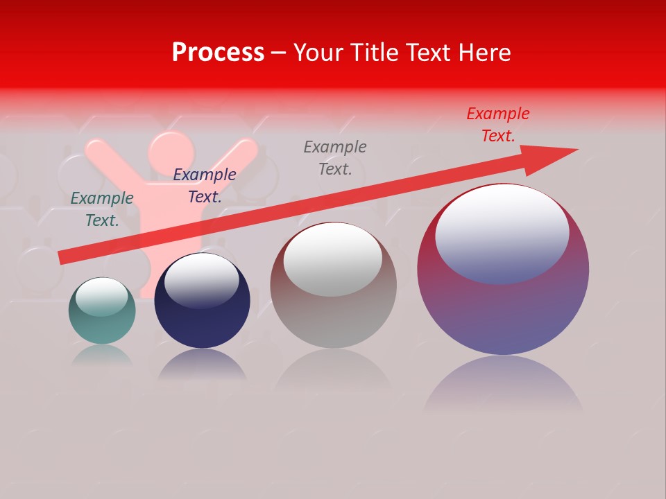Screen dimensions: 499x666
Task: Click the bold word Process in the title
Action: coord(218,53)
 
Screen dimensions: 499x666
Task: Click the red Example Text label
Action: coord(498,125)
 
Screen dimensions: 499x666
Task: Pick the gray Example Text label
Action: coord(335,158)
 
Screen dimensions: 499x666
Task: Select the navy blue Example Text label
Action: coord(205,186)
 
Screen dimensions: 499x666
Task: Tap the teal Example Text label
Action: coord(102,209)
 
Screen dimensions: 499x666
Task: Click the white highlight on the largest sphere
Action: coord(502,234)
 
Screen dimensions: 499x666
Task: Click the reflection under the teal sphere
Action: coord(102,356)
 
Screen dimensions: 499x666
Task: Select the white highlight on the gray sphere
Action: coord(333,259)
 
